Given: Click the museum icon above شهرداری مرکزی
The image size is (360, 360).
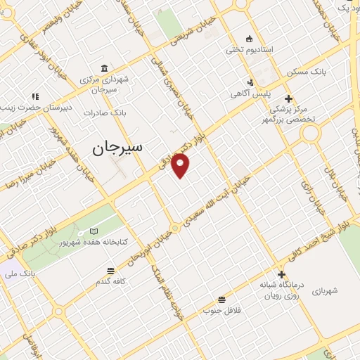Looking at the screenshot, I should point(105,68).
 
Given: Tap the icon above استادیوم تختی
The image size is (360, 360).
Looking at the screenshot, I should point(248,38).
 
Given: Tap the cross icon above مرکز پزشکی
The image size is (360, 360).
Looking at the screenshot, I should point(288,98).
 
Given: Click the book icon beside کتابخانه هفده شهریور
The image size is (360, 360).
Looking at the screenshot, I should point(94,231).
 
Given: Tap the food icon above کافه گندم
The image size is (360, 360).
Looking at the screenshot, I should point(110,271).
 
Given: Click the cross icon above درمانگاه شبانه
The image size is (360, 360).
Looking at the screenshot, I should point(282,275).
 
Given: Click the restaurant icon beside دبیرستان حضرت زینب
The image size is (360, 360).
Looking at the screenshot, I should point(36,96).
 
